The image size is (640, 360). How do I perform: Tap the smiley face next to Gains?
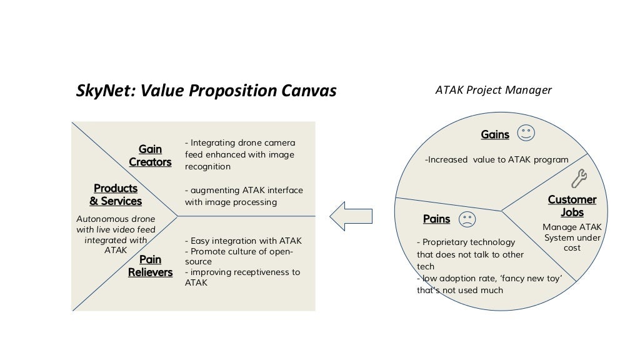(x=526, y=133)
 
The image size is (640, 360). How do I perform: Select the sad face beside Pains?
(x=467, y=219)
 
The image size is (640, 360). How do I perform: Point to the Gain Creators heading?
(x=150, y=156)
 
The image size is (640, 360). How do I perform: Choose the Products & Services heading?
(x=116, y=194)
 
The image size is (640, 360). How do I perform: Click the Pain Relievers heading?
(x=150, y=266)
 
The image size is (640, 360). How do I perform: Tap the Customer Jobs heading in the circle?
(x=572, y=206)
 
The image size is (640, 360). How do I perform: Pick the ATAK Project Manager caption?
(x=493, y=91)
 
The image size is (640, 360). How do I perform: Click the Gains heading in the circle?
(x=495, y=134)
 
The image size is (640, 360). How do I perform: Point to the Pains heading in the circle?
(x=437, y=219)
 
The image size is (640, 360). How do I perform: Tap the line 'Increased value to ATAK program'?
(x=497, y=159)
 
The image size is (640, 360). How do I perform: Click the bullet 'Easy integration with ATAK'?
(x=243, y=241)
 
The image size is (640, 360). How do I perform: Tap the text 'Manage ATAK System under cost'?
(x=571, y=237)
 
